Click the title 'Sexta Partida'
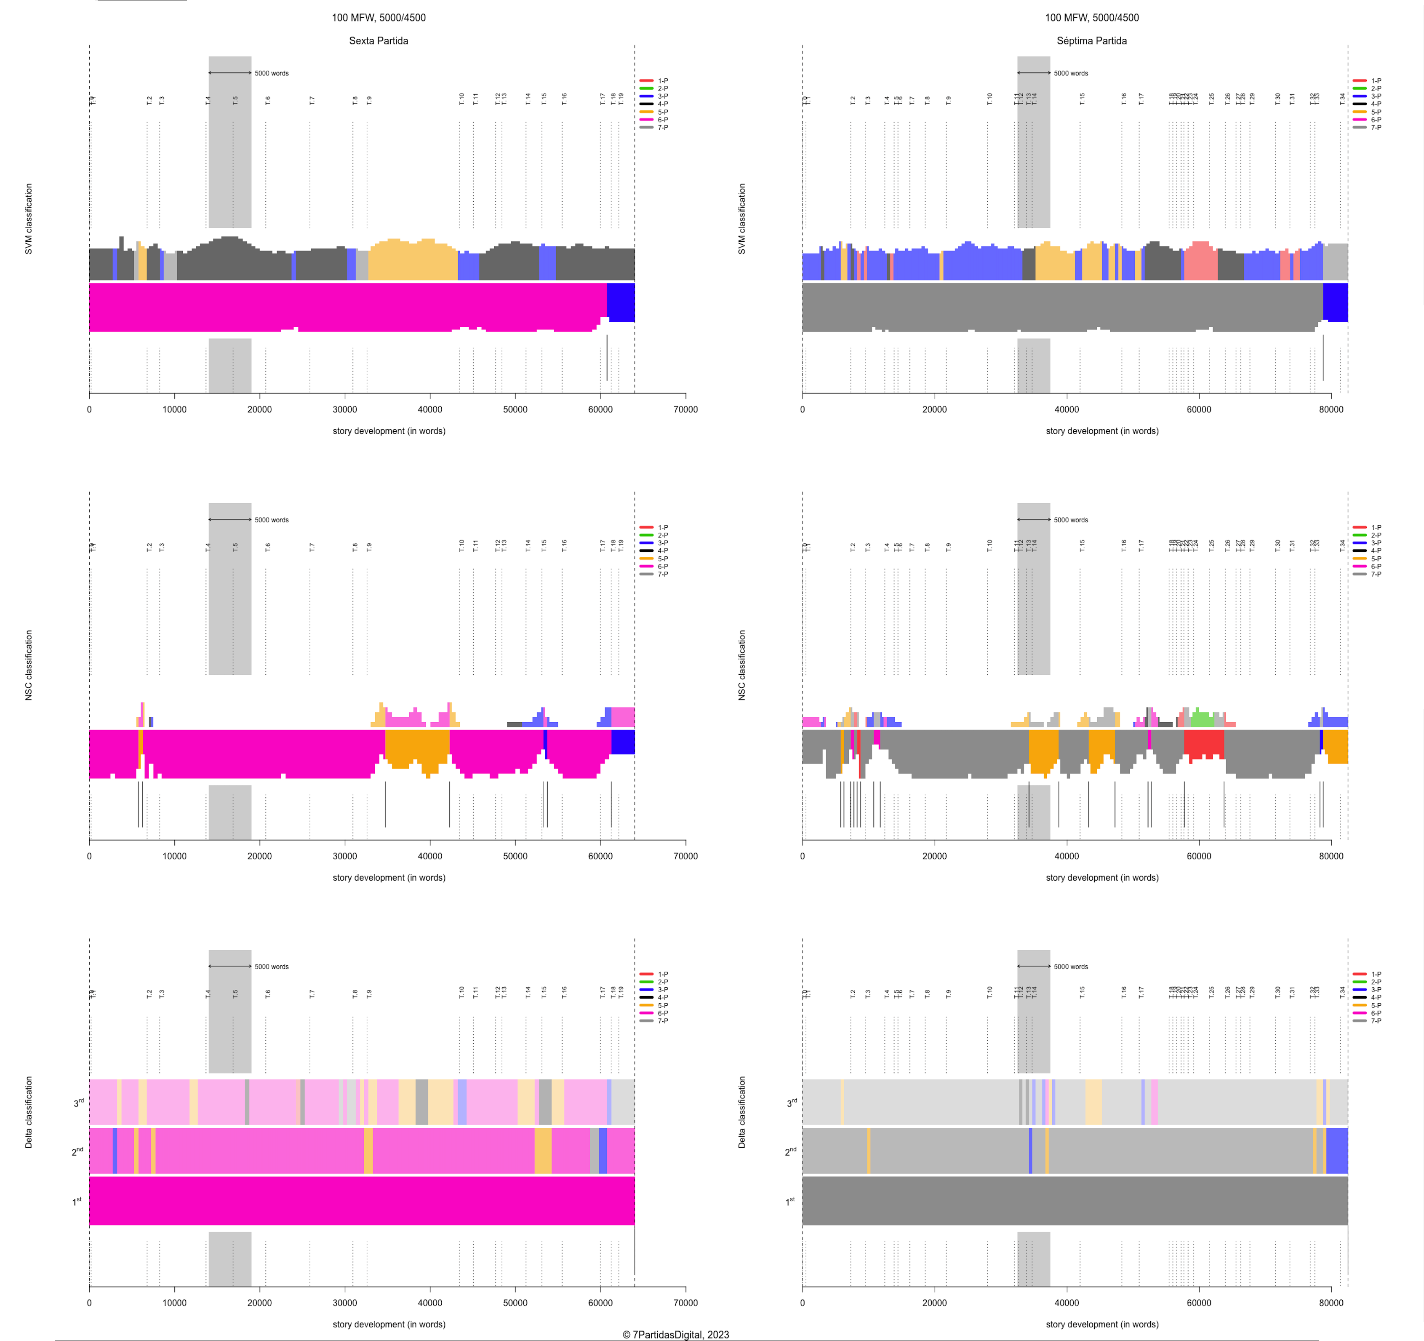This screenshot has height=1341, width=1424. tap(378, 41)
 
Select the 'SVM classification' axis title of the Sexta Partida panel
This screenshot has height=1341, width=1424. tap(29, 219)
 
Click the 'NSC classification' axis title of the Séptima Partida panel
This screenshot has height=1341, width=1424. tap(742, 665)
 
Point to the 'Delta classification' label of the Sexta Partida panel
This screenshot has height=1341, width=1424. tap(29, 1112)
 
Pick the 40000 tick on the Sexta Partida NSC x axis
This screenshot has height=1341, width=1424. tap(430, 856)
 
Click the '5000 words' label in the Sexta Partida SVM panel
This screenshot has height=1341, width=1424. tap(272, 73)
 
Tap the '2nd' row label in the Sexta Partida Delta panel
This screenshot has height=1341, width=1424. tap(77, 1151)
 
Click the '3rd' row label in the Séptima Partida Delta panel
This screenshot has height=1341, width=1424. tap(791, 1103)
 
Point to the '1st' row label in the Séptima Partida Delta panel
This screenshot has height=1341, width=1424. tap(791, 1201)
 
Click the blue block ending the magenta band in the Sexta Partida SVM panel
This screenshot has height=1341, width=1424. tap(620, 302)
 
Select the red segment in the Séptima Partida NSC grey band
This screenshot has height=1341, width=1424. tap(1203, 743)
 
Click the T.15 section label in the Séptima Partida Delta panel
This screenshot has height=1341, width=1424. tap(1082, 992)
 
